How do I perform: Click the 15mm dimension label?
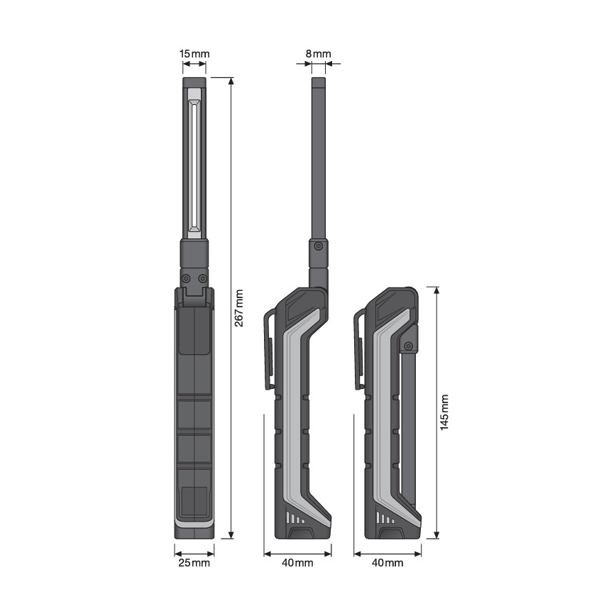click(194, 54)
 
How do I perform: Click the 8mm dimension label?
click(318, 54)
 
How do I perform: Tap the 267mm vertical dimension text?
click(239, 308)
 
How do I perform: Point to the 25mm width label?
click(194, 563)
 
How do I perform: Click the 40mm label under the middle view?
click(297, 563)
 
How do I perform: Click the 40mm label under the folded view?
click(387, 563)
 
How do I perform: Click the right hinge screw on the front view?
click(203, 277)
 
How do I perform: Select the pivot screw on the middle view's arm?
click(319, 246)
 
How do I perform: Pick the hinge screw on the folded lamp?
click(408, 346)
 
